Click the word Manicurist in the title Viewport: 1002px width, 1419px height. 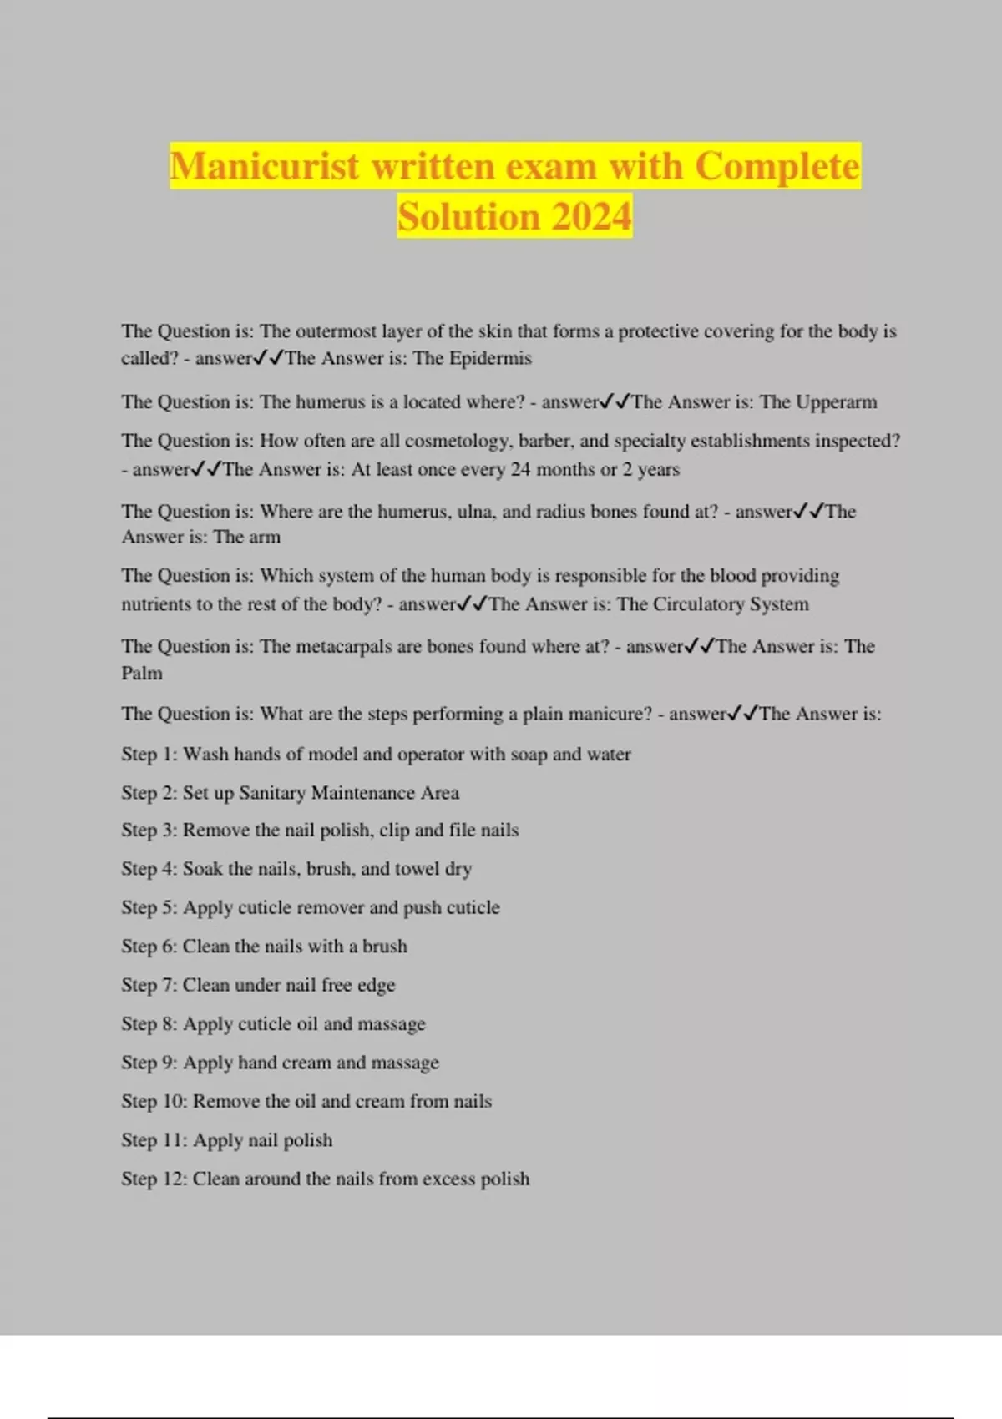coord(266,166)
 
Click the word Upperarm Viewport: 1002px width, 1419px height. coord(836,402)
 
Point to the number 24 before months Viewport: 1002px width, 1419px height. coord(520,469)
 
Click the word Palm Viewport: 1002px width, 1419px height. coord(142,673)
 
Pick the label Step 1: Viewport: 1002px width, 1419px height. coord(149,755)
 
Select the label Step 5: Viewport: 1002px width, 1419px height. coord(149,907)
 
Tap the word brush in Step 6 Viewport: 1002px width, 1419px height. coord(385,947)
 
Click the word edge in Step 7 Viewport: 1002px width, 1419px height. coord(376,985)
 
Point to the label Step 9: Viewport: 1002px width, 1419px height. coord(149,1063)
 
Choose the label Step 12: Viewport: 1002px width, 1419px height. coord(154,1179)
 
